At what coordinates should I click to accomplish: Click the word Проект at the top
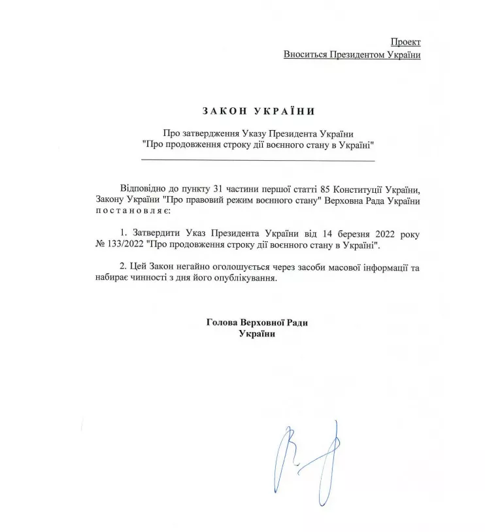coord(406,41)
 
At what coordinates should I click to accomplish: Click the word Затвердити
coord(158,233)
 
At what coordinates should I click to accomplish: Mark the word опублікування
coord(244,278)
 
